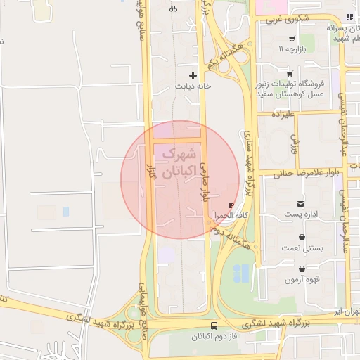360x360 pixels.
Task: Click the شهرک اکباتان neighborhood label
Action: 179,162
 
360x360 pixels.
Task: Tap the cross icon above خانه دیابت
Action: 193,75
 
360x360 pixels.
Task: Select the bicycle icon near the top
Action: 174,9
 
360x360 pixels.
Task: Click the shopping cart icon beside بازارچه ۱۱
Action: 291,39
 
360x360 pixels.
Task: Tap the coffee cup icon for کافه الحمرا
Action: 231,205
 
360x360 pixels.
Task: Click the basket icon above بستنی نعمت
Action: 302,237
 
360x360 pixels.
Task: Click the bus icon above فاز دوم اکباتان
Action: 214,326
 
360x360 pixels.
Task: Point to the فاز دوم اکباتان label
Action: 214,337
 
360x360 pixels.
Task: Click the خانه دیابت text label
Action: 193,86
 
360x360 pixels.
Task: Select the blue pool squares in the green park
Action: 240,273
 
